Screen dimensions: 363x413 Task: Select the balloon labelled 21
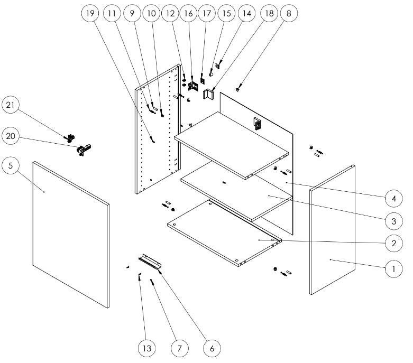11,105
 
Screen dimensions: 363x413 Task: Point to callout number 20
11,136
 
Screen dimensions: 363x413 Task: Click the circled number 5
11,165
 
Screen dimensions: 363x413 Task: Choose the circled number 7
179,348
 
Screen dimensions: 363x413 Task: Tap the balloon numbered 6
212,348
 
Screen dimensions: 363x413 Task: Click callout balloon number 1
392,269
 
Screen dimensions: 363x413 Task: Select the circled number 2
392,243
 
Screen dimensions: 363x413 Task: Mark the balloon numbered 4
392,199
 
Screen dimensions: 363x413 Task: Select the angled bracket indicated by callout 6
151,260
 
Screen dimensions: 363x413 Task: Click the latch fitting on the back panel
257,124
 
